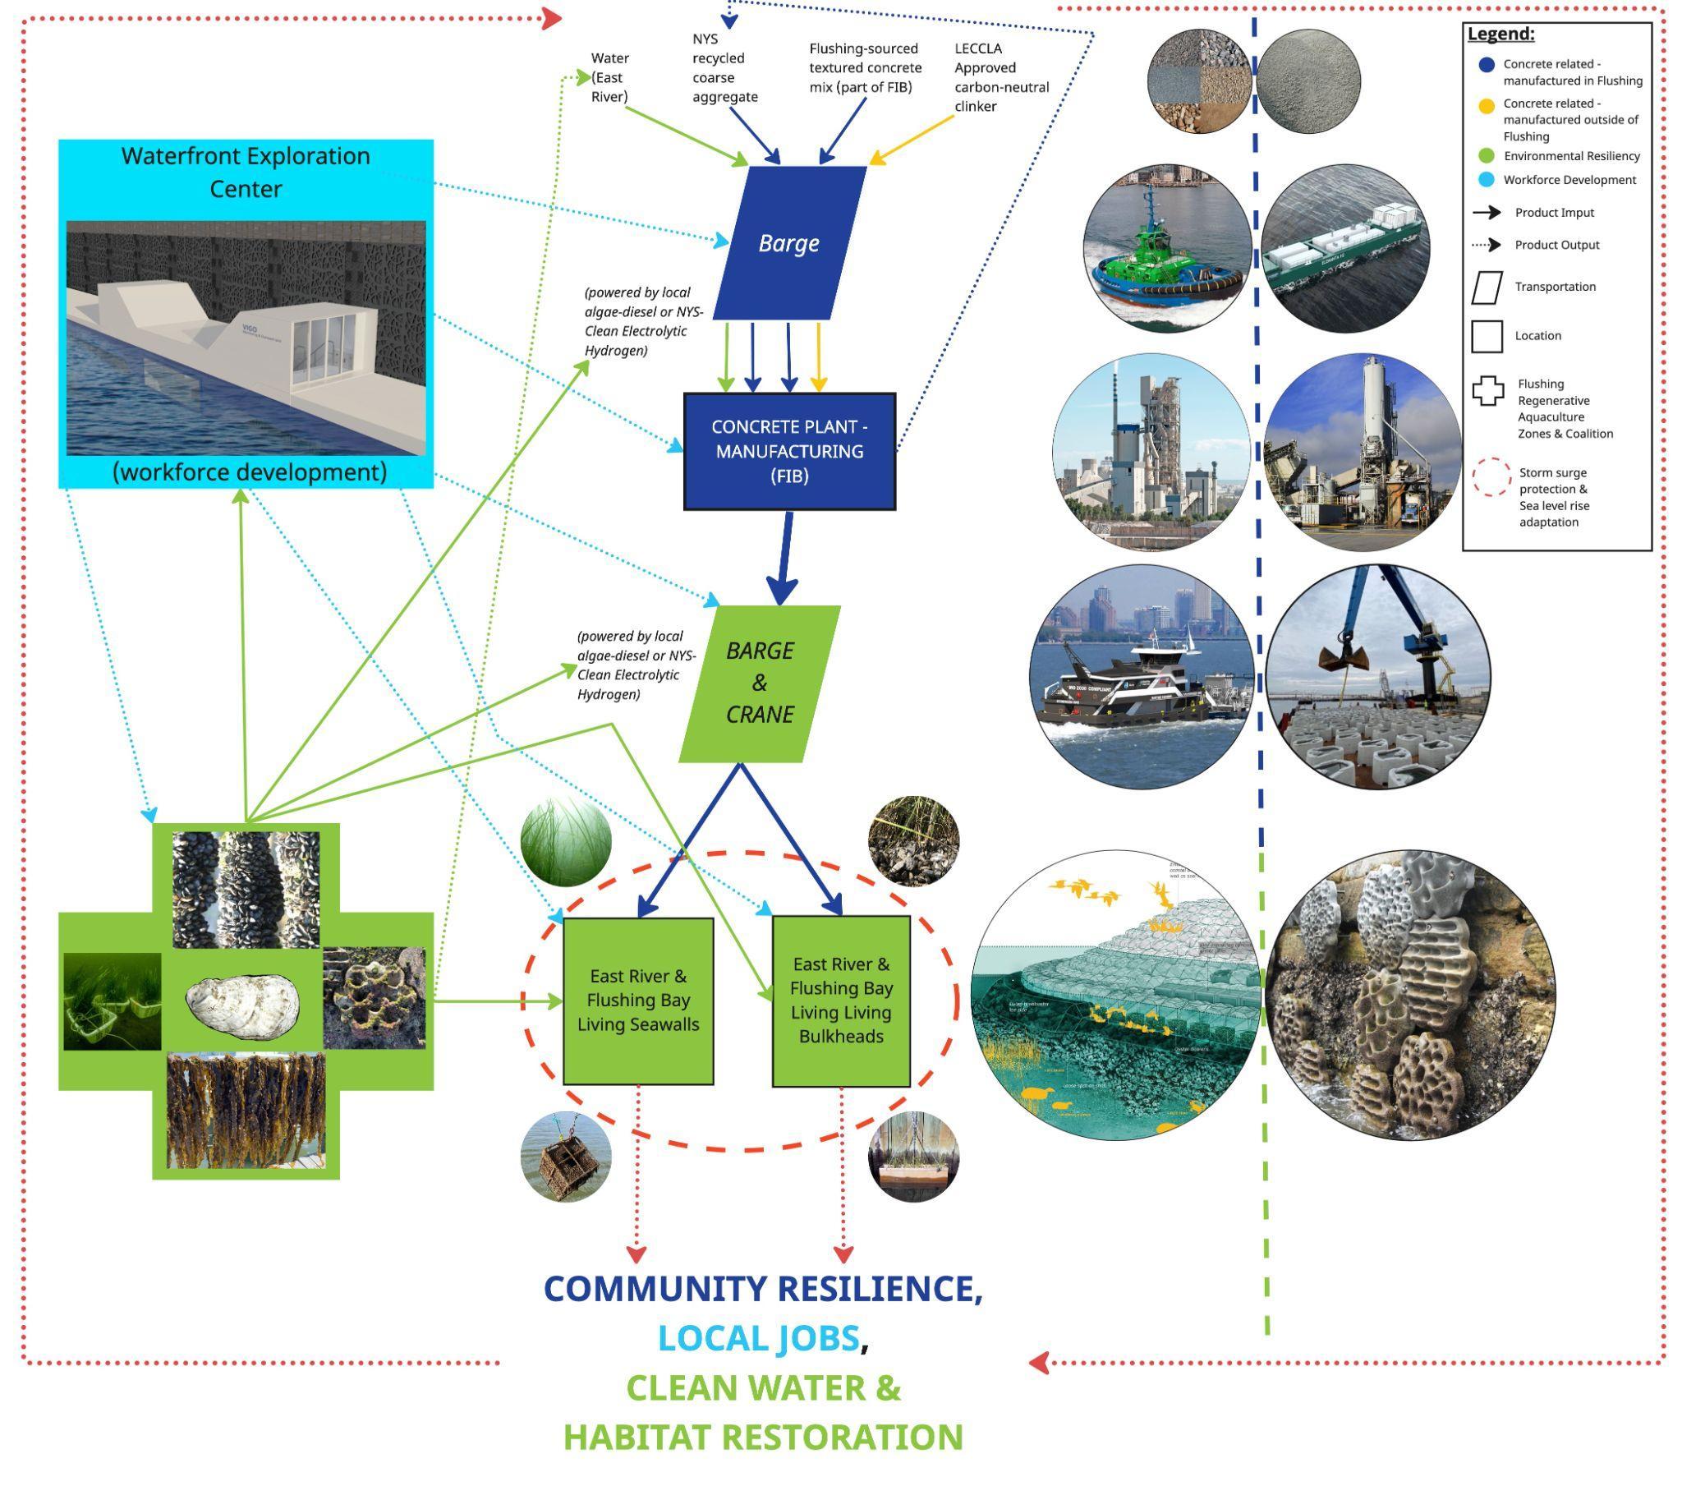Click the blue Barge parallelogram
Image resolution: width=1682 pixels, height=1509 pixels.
pyautogui.click(x=788, y=243)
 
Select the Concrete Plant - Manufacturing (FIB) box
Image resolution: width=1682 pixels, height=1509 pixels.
pyautogui.click(x=788, y=451)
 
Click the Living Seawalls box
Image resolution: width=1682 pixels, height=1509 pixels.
pyautogui.click(x=637, y=1000)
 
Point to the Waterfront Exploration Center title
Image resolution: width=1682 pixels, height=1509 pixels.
pyautogui.click(x=246, y=172)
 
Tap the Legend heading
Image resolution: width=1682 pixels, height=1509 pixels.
pyautogui.click(x=1500, y=34)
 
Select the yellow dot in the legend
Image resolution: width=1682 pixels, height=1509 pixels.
pyautogui.click(x=1487, y=106)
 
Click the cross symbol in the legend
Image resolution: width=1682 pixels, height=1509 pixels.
pyautogui.click(x=1488, y=391)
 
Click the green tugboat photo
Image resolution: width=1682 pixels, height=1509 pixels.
pyautogui.click(x=1167, y=249)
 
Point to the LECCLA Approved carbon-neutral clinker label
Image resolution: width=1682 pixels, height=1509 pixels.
pyautogui.click(x=1000, y=77)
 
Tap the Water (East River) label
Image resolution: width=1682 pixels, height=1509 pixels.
pyautogui.click(x=610, y=77)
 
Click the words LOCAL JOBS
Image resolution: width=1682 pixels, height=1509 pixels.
pyautogui.click(x=758, y=1337)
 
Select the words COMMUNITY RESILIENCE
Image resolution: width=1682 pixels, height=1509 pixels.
pyautogui.click(x=762, y=1288)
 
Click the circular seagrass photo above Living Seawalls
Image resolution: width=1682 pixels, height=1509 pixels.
pyautogui.click(x=565, y=842)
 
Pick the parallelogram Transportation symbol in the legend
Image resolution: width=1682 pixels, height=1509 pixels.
pyautogui.click(x=1487, y=287)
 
